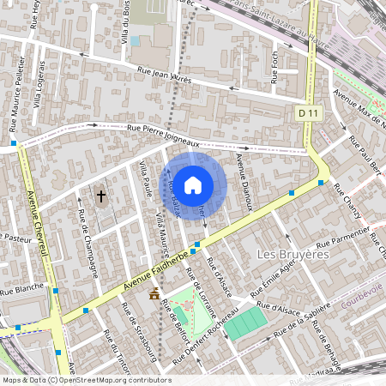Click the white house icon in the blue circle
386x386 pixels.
click(x=193, y=184)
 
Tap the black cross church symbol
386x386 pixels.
click(x=101, y=196)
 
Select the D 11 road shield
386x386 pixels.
click(x=309, y=112)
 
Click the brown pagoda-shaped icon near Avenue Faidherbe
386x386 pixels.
click(x=154, y=294)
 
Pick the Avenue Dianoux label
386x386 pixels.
click(x=244, y=185)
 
